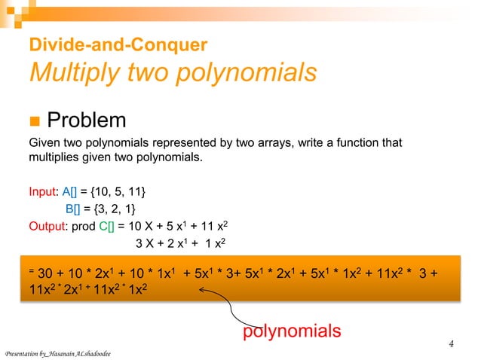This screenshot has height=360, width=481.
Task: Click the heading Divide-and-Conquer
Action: [117, 45]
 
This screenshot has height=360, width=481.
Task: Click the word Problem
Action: [86, 120]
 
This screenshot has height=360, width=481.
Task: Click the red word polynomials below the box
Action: [292, 330]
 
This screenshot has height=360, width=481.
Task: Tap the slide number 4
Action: [451, 345]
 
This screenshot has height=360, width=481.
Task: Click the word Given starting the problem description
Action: [44, 143]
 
